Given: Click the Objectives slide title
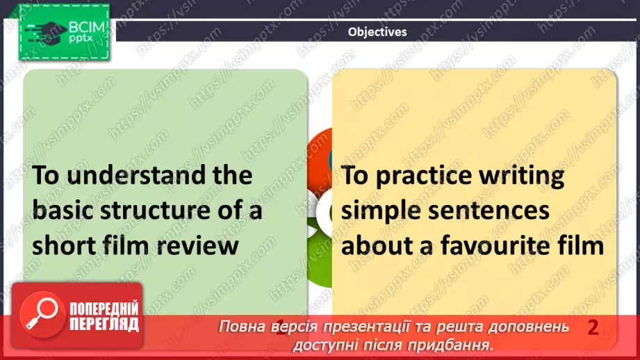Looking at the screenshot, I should [377, 31].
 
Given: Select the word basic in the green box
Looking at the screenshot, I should [65, 210].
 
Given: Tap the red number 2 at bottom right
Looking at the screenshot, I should [593, 327].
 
